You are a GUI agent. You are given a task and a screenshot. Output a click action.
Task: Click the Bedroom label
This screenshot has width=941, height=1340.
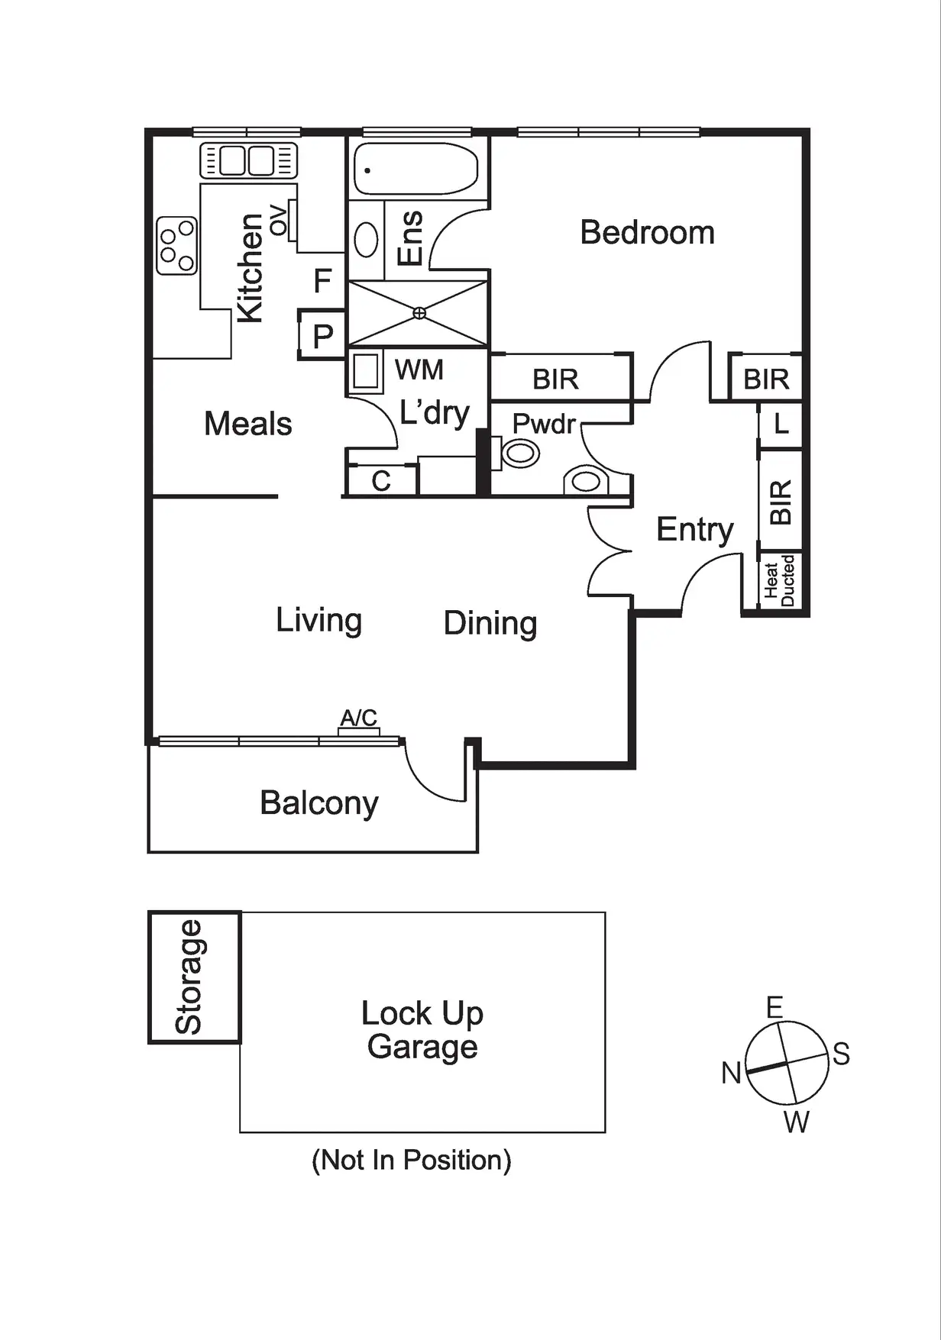[647, 232]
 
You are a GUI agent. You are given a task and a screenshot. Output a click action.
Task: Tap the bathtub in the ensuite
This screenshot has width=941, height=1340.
[416, 169]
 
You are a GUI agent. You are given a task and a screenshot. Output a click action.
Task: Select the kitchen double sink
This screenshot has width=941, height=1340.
[247, 161]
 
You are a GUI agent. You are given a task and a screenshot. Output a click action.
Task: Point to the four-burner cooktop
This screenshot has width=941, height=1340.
[176, 245]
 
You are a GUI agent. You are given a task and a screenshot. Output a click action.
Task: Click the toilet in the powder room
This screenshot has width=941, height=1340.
[519, 454]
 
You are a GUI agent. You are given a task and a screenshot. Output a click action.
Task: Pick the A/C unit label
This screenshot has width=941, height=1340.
[359, 718]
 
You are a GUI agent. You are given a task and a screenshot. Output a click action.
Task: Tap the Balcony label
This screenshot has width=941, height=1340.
[319, 803]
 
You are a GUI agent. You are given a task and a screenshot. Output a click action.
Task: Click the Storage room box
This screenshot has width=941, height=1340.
[194, 977]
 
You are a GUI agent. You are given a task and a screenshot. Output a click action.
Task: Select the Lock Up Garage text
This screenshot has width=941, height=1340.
[422, 1030]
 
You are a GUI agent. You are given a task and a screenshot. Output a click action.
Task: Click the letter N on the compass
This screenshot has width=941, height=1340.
[731, 1073]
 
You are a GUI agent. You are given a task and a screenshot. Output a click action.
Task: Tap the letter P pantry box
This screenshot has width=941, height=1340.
[322, 335]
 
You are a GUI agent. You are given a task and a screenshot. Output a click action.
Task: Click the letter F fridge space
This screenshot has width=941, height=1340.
[322, 281]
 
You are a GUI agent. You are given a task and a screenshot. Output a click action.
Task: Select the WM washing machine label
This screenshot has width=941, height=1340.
[419, 370]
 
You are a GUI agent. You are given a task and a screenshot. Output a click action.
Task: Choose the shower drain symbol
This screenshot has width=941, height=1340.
[419, 313]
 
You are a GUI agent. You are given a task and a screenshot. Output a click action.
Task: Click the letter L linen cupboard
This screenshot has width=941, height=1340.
[781, 424]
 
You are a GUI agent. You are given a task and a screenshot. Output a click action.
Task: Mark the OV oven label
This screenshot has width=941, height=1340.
[279, 220]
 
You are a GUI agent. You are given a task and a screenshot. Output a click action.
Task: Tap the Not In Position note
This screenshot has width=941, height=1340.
[411, 1160]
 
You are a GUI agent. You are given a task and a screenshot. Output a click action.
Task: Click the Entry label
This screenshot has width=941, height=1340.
[694, 529]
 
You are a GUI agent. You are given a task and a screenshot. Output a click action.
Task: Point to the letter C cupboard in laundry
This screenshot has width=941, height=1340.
[381, 481]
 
